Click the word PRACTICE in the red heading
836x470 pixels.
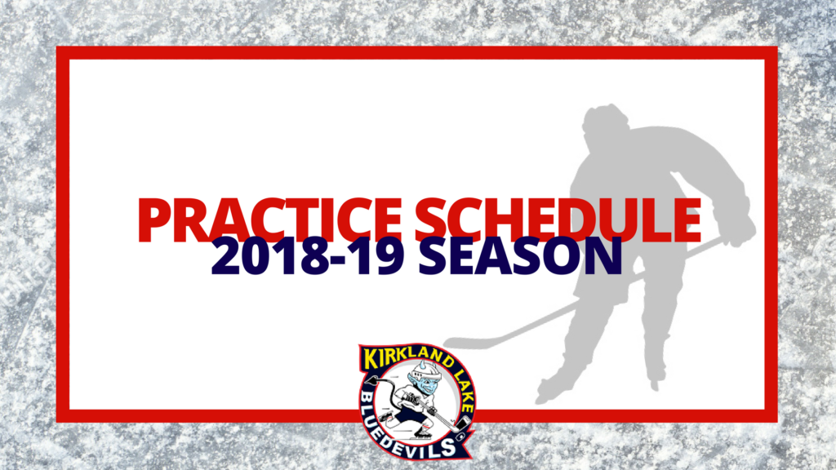[269, 220]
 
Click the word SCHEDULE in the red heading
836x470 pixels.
[558, 220]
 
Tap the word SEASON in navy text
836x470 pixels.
[520, 256]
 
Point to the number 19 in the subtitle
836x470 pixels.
[379, 256]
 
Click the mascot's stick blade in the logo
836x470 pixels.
[459, 425]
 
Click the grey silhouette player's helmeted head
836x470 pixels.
[605, 122]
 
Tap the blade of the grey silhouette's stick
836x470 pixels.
[464, 344]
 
